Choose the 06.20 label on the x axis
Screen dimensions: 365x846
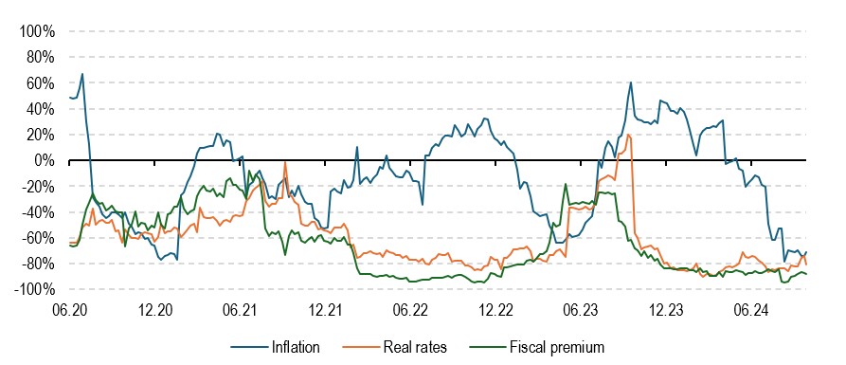[x=69, y=309]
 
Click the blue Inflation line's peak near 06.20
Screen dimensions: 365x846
[x=82, y=74]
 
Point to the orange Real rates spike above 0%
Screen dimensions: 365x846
[x=628, y=135]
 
